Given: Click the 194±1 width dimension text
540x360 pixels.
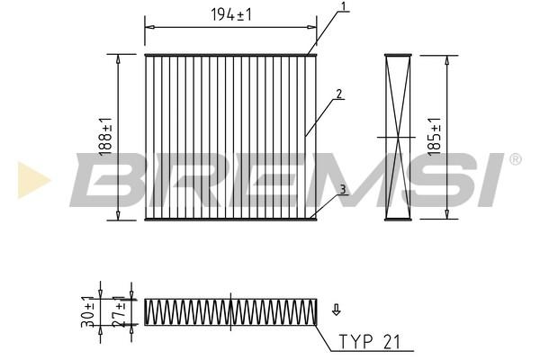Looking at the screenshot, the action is [230, 14].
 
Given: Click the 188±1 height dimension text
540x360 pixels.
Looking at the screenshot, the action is [105, 137].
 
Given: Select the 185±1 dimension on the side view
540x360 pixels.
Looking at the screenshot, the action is [435, 137].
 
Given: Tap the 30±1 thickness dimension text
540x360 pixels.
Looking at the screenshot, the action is [88, 311].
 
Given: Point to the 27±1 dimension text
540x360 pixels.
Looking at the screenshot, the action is [120, 311].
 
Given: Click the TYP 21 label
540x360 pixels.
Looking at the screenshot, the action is [370, 342].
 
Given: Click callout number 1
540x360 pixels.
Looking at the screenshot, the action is [344, 6].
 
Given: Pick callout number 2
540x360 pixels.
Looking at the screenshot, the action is [339, 94].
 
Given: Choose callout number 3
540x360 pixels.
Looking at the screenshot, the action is [342, 189].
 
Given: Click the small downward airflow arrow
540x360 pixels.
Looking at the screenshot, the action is [336, 310].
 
